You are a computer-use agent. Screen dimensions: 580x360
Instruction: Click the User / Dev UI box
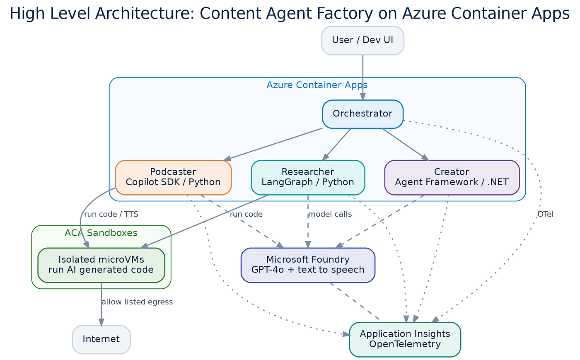362,41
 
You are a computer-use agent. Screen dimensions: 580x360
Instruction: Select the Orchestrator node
362,114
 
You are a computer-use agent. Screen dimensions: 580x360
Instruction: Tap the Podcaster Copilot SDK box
173,177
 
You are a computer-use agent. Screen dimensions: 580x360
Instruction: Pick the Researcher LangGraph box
308,177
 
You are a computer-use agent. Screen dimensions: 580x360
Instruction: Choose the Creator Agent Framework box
452,177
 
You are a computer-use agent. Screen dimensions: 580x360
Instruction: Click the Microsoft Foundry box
308,265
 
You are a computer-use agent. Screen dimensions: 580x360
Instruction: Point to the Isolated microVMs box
101,265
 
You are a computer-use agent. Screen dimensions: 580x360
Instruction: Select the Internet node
101,339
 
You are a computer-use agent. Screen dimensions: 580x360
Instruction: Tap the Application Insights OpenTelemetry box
405,339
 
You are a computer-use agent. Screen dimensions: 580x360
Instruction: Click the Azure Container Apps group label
317,85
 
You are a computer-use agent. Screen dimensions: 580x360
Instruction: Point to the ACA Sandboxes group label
101,233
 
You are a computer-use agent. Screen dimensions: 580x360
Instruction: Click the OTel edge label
545,214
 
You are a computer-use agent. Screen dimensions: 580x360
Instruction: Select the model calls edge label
330,214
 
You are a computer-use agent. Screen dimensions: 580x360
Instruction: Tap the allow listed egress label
137,302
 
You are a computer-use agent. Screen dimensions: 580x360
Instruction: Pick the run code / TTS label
111,214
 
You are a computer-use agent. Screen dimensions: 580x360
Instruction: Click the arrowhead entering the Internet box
101,322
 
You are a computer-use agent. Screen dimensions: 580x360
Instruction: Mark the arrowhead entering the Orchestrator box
363,97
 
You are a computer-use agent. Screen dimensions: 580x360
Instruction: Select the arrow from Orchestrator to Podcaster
273,144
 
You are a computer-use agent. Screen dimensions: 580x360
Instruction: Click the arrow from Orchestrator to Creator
406,144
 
